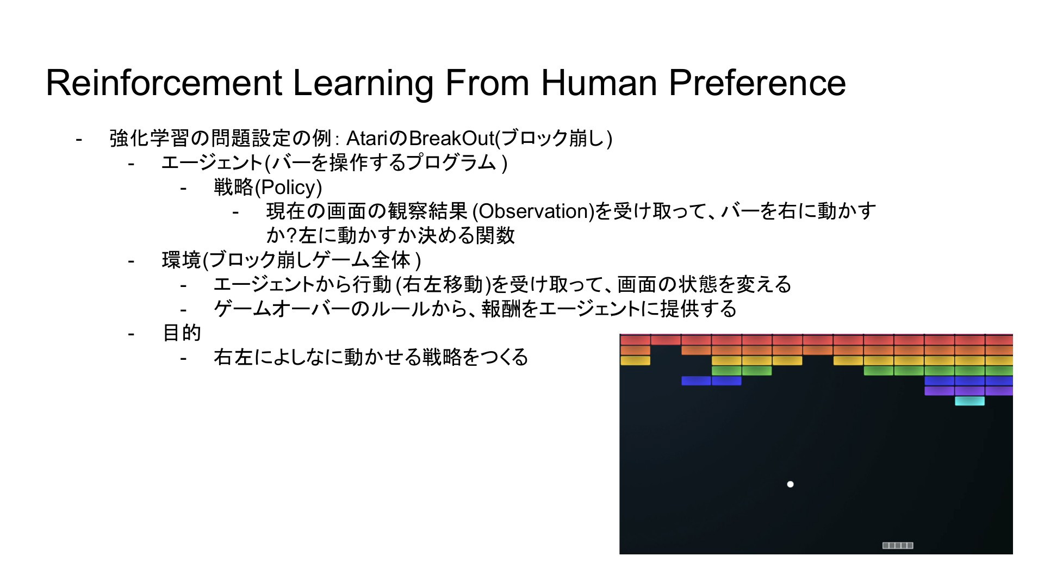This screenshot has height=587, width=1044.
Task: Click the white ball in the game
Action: (790, 484)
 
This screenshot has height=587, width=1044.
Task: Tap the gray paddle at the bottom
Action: (898, 545)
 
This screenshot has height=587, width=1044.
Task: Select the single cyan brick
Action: (970, 401)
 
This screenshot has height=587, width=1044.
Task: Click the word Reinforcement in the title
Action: (164, 83)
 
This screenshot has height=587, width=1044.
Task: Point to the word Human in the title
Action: (600, 83)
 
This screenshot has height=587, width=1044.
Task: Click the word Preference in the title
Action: (757, 83)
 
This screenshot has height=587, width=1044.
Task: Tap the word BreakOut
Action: (451, 139)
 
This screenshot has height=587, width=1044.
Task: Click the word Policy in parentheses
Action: (288, 188)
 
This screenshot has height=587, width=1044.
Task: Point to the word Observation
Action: (534, 211)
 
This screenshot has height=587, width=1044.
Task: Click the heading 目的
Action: (182, 333)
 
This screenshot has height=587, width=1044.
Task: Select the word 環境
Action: (182, 260)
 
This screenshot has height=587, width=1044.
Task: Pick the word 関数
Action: (495, 235)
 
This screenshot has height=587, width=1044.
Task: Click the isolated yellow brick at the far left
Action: (635, 360)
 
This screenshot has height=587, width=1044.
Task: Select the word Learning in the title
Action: (363, 83)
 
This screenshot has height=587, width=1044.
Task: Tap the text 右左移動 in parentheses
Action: (443, 284)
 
